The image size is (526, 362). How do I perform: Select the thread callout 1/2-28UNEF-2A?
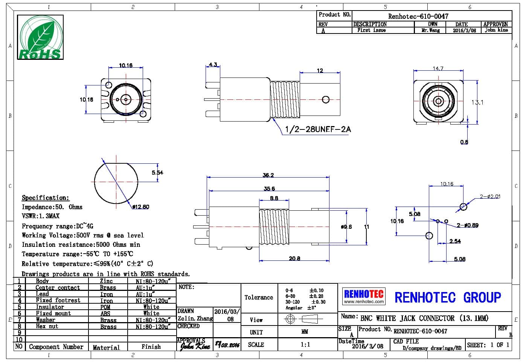coord(317,129)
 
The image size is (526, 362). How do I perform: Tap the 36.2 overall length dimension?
coord(268,175)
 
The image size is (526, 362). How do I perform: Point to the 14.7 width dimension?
coord(438,68)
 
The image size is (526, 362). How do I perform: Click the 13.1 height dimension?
coord(477,102)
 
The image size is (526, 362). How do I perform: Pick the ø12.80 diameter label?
coord(141,207)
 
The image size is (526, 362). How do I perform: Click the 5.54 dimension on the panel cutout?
coord(157,173)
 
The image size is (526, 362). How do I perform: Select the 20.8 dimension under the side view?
coord(294,259)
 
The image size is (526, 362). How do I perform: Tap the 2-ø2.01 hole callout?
coord(490,196)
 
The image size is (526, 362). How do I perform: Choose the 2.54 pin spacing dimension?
coord(455,241)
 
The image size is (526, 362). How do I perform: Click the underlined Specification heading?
coord(45,198)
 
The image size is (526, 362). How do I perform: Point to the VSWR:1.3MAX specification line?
coord(40,216)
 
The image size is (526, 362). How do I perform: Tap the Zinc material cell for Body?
coord(106,281)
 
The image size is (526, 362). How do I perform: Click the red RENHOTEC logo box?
coord(364,296)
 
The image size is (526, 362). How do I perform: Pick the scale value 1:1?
coord(305,344)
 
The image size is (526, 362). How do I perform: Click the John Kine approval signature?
coord(195,345)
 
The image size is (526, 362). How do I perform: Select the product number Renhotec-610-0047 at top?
coord(418,16)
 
